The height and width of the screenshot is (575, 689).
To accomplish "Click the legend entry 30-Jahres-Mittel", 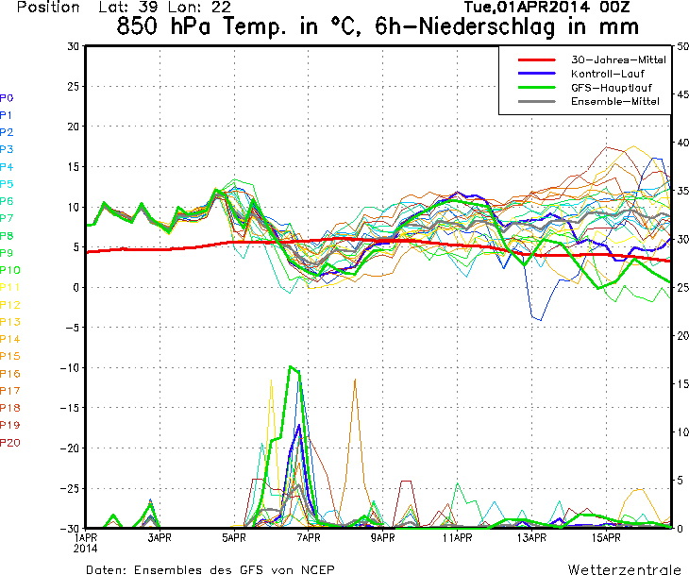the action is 618,59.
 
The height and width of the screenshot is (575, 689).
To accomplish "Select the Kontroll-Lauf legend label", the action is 608,74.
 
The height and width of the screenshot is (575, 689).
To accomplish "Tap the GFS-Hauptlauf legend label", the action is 612,88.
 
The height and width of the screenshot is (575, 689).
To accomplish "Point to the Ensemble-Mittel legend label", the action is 615,102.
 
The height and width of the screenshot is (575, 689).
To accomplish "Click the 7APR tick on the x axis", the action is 309,537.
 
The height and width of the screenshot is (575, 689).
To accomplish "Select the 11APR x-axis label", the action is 457,537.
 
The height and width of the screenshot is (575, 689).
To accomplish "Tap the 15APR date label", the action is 606,537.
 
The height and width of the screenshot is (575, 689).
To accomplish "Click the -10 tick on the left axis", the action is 70,368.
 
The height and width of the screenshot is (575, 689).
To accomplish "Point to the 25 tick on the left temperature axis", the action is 73,87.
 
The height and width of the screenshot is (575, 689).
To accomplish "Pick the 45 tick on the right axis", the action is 682,94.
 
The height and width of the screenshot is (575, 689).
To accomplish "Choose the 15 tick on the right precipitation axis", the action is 682,383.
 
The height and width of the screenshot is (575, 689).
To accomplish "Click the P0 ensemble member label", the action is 7,98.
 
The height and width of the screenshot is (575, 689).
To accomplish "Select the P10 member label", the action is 9,270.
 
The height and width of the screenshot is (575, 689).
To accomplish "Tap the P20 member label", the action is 9,442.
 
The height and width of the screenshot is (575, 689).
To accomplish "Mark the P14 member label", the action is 9,339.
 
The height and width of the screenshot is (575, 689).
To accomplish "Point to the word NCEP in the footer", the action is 318,569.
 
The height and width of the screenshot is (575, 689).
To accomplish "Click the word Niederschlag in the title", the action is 486,26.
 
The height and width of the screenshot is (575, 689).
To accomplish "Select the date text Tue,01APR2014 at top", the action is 527,8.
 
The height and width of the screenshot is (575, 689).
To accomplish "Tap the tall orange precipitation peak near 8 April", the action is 355,380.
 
